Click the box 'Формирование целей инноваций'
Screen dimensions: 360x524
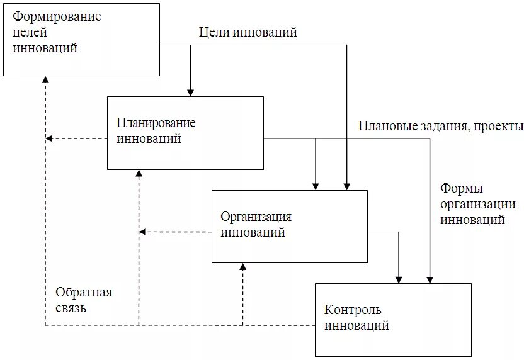click(x=81, y=39)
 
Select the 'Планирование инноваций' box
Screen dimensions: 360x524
click(x=185, y=133)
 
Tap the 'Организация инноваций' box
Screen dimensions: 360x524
click(x=289, y=226)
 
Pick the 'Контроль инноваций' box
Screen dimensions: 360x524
click(x=393, y=320)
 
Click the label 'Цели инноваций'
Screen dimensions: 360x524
click(x=248, y=32)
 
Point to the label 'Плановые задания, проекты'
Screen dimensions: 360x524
click(x=440, y=126)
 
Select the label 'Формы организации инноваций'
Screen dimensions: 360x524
click(x=477, y=204)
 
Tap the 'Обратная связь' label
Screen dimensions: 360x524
click(x=83, y=300)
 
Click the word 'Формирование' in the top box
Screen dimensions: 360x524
click(x=57, y=16)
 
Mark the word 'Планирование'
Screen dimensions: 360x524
click(x=156, y=123)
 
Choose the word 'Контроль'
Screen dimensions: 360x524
click(x=353, y=310)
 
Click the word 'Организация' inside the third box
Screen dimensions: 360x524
click(x=256, y=217)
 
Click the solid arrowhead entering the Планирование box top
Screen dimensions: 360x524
click(x=190, y=92)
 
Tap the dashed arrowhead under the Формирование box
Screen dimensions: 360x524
click(x=45, y=80)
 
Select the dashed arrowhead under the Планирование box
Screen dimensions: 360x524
click(x=139, y=174)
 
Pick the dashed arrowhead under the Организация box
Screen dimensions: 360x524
click(x=243, y=267)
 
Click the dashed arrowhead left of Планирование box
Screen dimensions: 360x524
click(x=50, y=138)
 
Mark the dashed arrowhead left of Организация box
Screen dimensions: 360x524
click(x=143, y=232)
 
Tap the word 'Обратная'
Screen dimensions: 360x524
click(x=83, y=292)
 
